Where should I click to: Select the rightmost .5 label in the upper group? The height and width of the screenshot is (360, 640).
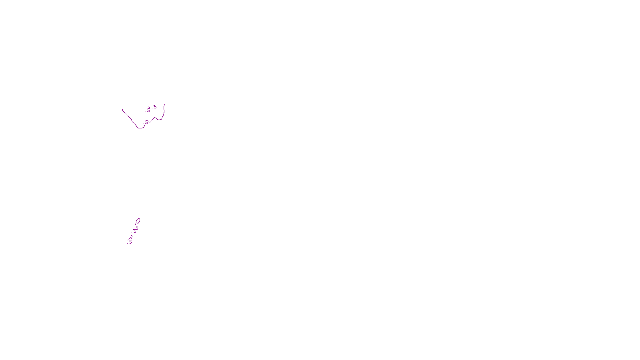[x=155, y=107]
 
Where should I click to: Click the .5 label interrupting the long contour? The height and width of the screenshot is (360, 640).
[x=146, y=122]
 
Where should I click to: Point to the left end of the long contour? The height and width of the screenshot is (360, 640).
[x=123, y=110]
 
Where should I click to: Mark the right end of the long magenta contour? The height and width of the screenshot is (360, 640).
[x=164, y=105]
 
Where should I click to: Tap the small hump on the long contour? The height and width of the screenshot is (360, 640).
[x=154, y=117]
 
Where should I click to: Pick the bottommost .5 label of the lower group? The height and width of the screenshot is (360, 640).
[x=130, y=242]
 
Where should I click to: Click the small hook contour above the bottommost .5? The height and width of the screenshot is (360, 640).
[x=131, y=238]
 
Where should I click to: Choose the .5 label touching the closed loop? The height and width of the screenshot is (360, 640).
[x=136, y=227]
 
